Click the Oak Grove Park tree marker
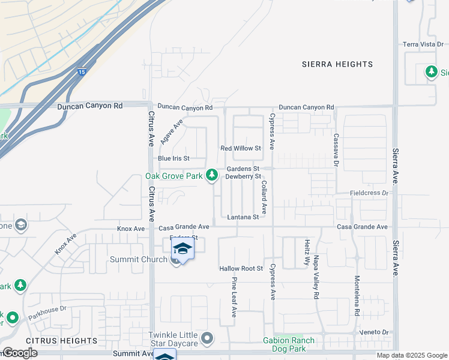211,175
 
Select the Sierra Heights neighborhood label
337,64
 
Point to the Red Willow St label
241,148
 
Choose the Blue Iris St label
173,158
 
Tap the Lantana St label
243,217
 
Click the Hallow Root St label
241,268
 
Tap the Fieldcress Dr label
369,193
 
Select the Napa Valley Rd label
316,277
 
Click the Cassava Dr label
337,150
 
